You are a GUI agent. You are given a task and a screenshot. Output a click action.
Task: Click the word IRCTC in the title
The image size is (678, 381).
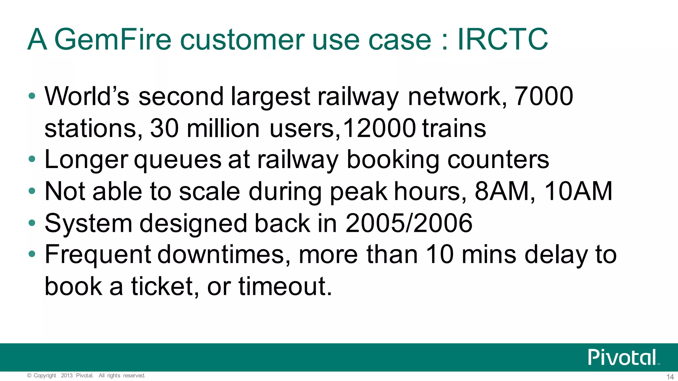point(503,40)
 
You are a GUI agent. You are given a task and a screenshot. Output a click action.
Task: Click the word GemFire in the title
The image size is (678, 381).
point(113,40)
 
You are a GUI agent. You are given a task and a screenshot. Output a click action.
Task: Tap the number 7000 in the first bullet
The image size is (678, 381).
point(543,96)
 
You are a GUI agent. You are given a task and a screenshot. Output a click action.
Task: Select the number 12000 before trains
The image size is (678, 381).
point(379,128)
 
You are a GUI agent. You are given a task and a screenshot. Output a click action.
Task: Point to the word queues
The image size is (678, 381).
point(177,160)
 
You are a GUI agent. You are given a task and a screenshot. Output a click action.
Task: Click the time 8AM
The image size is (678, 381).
point(502,191)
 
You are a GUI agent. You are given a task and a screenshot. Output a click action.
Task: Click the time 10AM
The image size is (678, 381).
point(578,191)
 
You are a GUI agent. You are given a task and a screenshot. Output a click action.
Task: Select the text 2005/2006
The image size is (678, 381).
point(409,223)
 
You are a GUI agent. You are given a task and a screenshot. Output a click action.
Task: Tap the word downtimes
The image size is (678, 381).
point(220,255)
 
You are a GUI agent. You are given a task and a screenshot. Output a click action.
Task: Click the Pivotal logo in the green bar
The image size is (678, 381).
point(622,357)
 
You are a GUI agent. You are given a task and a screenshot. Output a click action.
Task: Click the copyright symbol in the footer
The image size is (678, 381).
point(29,375)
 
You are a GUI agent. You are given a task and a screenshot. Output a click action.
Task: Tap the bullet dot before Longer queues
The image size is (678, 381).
point(32,159)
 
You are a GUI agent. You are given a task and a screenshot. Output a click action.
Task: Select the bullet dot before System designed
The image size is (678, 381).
point(32,223)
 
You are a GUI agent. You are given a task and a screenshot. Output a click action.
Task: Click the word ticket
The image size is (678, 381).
point(162,286)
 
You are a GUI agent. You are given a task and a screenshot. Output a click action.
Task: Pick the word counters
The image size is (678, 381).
point(498,160)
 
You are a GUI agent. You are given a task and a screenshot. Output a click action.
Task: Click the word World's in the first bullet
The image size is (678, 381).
point(87,96)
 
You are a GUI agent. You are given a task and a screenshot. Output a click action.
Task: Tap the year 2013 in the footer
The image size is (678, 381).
point(67,375)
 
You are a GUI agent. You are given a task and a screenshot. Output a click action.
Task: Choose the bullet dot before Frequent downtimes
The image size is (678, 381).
point(32,254)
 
